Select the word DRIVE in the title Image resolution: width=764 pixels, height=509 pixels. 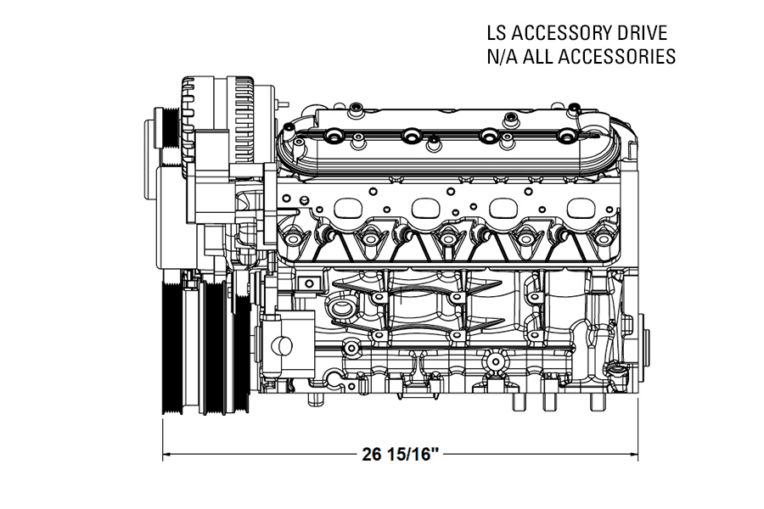coord(643,34)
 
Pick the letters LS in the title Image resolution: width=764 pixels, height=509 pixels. coord(497,34)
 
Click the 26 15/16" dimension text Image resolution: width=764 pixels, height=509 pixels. coord(400,454)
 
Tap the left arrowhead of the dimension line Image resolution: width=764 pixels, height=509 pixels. coord(167,453)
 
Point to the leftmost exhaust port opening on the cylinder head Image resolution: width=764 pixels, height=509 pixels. coord(353,208)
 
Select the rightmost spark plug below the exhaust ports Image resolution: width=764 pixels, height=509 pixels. coord(604,238)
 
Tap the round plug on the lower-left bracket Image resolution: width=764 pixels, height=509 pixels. coord(282,346)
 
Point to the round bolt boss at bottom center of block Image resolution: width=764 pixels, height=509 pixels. coord(493,363)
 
